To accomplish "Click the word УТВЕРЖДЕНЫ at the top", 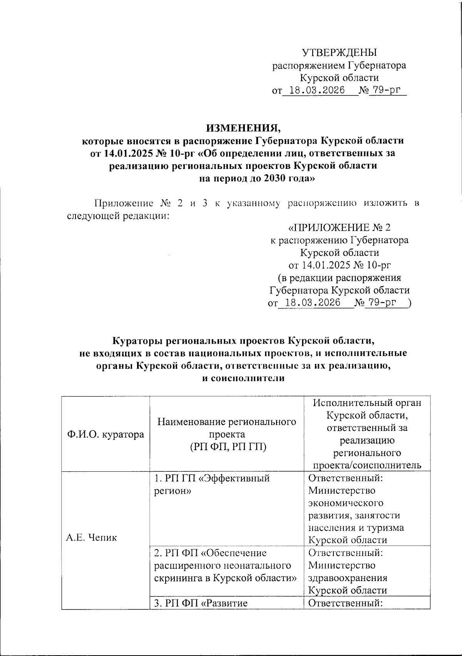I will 339,53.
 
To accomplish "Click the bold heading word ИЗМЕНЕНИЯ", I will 241,128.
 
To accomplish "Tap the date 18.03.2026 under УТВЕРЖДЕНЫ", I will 317,91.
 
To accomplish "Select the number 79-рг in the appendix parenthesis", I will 381,303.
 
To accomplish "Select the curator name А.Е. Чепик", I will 91,537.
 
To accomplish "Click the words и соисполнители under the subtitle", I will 243,378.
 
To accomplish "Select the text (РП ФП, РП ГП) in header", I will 227,447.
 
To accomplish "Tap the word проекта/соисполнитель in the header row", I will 367,465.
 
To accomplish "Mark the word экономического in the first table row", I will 346,503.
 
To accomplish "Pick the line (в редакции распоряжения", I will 339,277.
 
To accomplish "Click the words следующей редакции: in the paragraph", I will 118,215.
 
